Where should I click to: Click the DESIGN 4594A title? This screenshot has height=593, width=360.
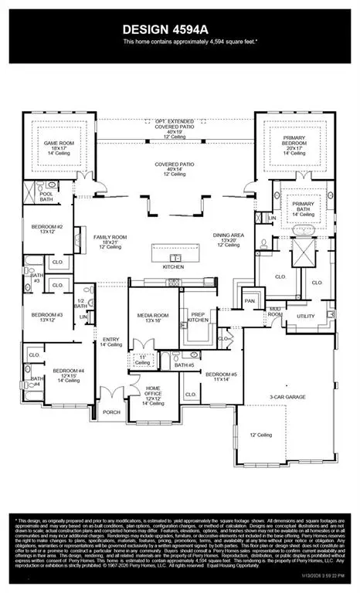(x=179, y=28)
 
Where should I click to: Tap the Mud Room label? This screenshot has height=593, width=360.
(x=275, y=312)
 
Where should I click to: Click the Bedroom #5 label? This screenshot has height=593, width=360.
(x=219, y=377)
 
